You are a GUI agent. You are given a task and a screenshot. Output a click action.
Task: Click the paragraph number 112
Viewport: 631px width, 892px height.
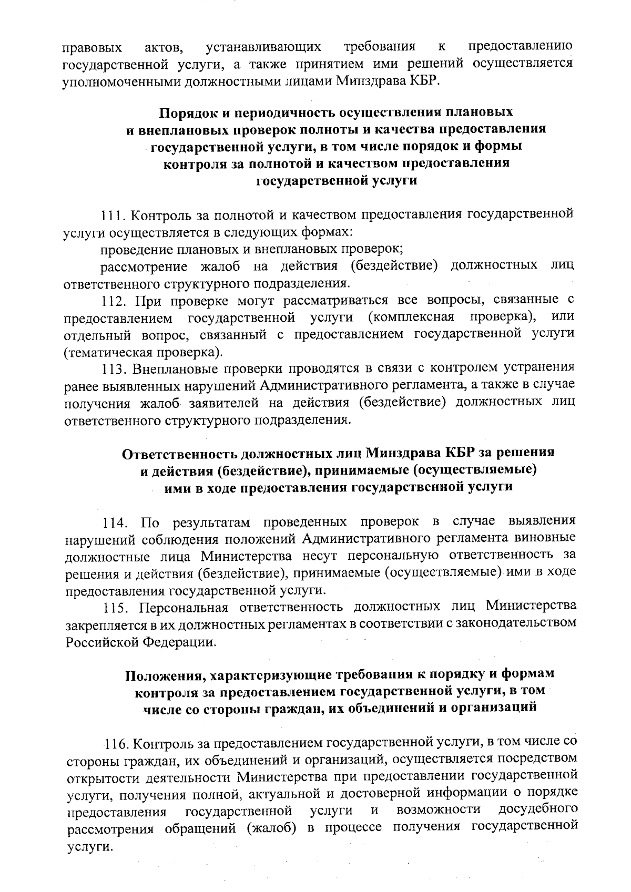(x=114, y=301)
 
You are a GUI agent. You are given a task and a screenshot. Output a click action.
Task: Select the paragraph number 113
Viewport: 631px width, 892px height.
(x=114, y=367)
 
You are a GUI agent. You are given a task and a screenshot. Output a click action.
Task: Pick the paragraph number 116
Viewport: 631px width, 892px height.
(x=118, y=744)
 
